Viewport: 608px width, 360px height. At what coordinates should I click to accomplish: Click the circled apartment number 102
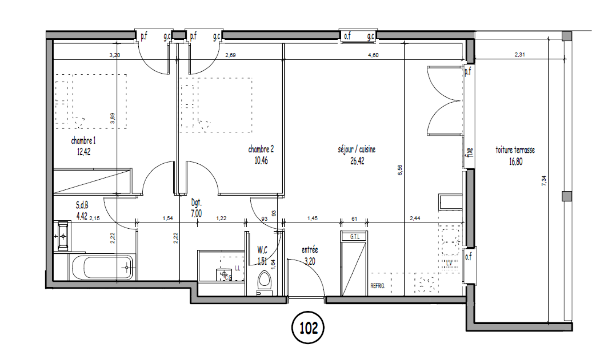pyautogui.click(x=308, y=327)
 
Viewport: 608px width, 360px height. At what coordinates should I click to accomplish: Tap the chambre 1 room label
pyautogui.click(x=83, y=141)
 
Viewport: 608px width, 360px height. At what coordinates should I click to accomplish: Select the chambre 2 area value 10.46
pyautogui.click(x=261, y=161)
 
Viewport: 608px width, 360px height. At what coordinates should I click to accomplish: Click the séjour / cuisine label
pyautogui.click(x=356, y=149)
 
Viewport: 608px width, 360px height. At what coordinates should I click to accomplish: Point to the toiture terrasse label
pyautogui.click(x=515, y=150)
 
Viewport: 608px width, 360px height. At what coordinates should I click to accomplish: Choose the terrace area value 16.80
pyautogui.click(x=516, y=161)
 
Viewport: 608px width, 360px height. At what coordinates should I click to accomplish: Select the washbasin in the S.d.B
pyautogui.click(x=63, y=236)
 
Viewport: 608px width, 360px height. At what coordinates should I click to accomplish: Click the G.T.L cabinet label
pyautogui.click(x=354, y=237)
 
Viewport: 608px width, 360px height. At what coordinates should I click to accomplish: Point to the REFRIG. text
pyautogui.click(x=378, y=286)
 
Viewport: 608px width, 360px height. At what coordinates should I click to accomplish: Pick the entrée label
pyautogui.click(x=309, y=250)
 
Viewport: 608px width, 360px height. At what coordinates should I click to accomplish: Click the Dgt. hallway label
pyautogui.click(x=196, y=203)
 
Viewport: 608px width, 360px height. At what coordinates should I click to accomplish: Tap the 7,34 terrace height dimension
pyautogui.click(x=544, y=180)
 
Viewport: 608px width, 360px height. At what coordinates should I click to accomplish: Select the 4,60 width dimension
pyautogui.click(x=373, y=55)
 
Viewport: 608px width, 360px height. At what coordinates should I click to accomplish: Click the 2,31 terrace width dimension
pyautogui.click(x=519, y=55)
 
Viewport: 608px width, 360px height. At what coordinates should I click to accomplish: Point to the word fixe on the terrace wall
pyautogui.click(x=470, y=152)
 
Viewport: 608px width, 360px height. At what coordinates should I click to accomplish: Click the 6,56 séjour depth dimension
pyautogui.click(x=400, y=170)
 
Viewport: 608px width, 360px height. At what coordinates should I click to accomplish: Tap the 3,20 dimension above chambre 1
pyautogui.click(x=114, y=55)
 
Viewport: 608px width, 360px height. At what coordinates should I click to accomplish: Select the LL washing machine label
pyautogui.click(x=237, y=268)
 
